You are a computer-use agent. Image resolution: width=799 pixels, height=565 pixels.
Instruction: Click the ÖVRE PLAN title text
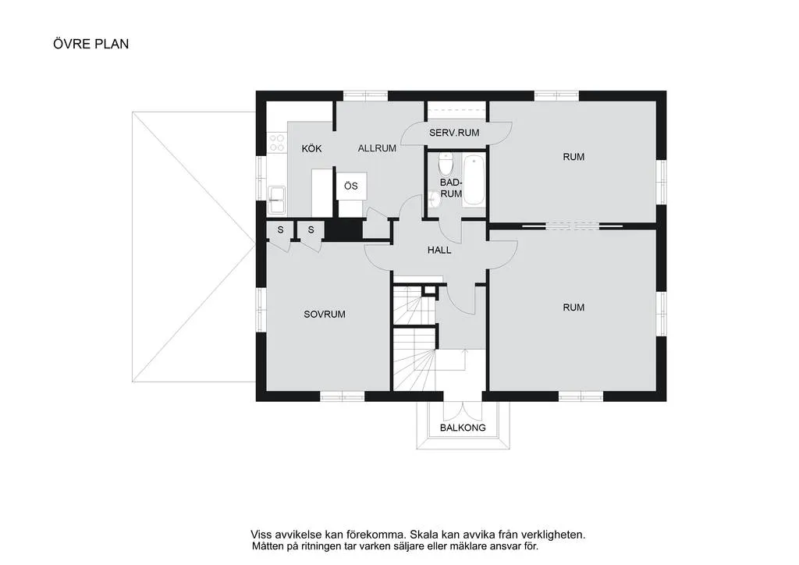(x=91, y=44)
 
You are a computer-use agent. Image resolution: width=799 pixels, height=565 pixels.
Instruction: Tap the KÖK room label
(x=311, y=148)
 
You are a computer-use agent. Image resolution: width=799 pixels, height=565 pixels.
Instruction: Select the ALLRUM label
(x=378, y=147)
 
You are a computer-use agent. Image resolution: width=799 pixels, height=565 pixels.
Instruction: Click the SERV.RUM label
(x=454, y=133)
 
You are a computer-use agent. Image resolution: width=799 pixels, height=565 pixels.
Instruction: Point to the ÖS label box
(x=351, y=186)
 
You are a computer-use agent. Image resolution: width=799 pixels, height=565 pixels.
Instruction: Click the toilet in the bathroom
(x=446, y=165)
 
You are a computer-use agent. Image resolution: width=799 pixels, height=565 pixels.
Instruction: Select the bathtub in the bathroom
(x=474, y=181)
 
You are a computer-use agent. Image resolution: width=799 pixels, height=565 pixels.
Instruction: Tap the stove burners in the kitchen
(x=277, y=142)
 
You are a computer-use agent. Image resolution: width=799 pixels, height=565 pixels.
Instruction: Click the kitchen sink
(x=276, y=200)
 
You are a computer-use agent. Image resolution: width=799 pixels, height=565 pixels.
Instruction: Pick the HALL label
(x=439, y=251)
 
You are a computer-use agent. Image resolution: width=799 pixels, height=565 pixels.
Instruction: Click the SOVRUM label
(x=324, y=314)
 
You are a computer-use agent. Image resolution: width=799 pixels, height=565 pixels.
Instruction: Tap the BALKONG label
(x=463, y=428)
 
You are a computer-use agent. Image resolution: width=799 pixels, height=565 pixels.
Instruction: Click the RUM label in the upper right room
(x=574, y=157)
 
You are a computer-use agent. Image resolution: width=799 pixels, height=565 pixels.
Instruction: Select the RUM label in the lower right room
(x=574, y=307)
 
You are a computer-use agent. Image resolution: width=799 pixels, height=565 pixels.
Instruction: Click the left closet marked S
(x=280, y=229)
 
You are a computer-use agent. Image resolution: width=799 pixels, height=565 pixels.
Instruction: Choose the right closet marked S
(x=311, y=229)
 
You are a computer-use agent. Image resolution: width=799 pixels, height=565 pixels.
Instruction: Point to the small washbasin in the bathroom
(x=434, y=201)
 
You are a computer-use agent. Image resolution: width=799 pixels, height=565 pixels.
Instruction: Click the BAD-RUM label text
(x=451, y=187)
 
